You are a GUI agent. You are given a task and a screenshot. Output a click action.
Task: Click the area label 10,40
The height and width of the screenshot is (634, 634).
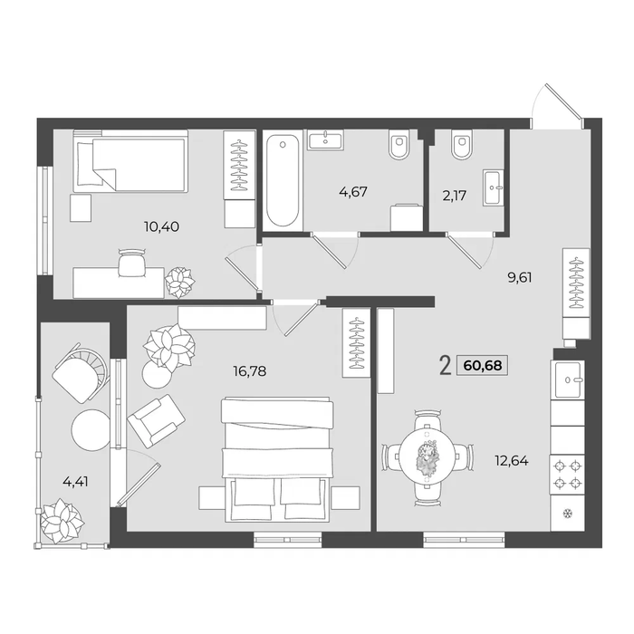click(161, 226)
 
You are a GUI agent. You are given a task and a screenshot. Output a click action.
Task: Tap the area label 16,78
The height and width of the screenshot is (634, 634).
click(249, 370)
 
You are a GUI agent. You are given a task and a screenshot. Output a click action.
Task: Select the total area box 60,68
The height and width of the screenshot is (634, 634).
click(483, 366)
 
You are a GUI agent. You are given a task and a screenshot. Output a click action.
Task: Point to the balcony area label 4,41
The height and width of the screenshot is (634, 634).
click(75, 482)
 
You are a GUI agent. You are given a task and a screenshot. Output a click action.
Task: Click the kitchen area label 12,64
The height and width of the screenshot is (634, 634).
click(512, 460)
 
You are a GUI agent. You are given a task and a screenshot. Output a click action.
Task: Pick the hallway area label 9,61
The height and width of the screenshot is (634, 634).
click(520, 278)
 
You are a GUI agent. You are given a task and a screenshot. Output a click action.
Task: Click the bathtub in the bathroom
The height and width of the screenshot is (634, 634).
click(283, 181)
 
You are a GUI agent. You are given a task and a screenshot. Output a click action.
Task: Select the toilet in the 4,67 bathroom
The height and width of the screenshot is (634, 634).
click(399, 143)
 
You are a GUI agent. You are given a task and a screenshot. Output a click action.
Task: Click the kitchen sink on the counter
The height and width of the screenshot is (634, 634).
click(568, 380)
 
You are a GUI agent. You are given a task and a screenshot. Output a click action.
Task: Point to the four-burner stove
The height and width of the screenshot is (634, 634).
click(567, 475)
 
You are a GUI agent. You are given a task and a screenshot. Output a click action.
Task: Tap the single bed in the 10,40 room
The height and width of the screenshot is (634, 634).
click(130, 160)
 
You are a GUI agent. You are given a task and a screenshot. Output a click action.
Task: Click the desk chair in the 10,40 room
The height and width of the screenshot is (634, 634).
click(131, 263)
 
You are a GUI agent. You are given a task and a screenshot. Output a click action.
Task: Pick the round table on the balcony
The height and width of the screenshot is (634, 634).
click(91, 430)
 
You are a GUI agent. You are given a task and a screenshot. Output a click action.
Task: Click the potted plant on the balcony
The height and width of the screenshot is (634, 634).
click(62, 521)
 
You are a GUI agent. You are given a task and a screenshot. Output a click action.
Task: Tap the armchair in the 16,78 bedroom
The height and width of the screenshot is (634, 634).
click(156, 421)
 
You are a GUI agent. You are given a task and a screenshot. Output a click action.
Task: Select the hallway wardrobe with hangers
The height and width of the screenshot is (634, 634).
click(576, 293)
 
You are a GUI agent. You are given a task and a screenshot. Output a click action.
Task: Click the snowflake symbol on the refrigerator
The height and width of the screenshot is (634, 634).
click(568, 514)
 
